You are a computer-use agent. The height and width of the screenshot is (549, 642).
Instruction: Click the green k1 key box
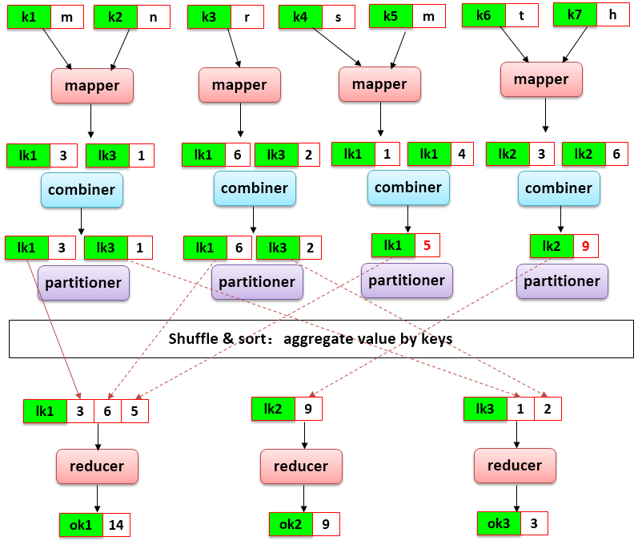click(29, 17)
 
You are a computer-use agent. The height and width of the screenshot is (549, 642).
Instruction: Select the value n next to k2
click(153, 17)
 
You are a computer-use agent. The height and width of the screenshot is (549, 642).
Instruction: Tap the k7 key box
click(575, 14)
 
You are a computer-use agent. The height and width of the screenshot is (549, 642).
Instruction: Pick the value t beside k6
click(522, 15)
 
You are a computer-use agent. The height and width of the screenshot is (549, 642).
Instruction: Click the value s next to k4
click(338, 17)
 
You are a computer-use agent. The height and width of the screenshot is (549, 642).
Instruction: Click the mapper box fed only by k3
click(239, 85)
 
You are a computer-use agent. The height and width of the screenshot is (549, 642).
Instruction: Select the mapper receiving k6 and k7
click(541, 79)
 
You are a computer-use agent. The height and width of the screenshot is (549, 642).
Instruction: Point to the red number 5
click(427, 245)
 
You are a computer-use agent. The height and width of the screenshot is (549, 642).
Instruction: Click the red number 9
click(585, 246)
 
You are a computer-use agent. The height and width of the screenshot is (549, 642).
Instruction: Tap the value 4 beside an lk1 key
click(462, 154)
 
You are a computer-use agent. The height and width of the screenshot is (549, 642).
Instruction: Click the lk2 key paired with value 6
click(584, 154)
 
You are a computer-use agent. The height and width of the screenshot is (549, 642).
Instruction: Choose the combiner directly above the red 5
click(408, 188)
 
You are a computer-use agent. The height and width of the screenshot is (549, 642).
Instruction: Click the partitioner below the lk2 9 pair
click(562, 281)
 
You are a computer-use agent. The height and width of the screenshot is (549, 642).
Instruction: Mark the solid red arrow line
click(53, 327)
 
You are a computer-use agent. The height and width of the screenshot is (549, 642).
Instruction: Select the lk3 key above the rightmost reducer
click(485, 409)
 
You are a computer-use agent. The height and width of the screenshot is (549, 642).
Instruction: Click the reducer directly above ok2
click(301, 466)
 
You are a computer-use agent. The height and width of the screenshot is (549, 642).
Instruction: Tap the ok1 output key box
click(81, 525)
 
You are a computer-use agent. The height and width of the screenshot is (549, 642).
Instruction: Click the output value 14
click(116, 525)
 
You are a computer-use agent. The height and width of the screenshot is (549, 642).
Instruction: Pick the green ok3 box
click(499, 523)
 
